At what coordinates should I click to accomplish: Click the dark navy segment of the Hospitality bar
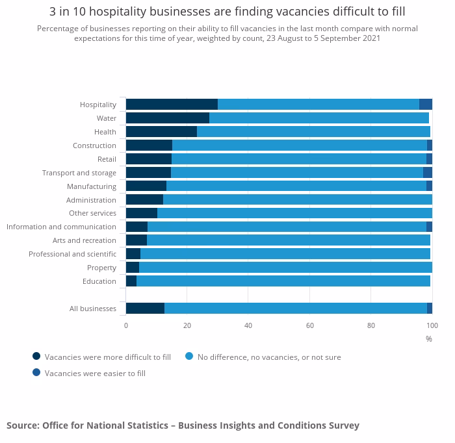[172, 105]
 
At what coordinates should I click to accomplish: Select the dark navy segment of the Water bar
[168, 118]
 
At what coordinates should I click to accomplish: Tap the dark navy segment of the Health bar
[161, 132]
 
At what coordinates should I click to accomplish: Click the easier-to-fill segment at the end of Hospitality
[426, 105]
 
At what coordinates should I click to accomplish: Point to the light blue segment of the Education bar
[283, 281]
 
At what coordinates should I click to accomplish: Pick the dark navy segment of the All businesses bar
[145, 309]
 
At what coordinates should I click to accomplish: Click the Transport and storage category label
[79, 173]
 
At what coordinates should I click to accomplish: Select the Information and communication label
[61, 227]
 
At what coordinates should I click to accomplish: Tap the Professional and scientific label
[72, 254]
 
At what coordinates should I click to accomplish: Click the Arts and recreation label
[84, 240]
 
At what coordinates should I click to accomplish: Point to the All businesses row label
[93, 309]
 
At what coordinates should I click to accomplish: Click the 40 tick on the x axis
[248, 325]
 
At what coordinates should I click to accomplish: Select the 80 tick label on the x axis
[371, 325]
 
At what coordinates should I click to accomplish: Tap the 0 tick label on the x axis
[126, 325]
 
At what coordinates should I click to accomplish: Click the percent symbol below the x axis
[429, 339]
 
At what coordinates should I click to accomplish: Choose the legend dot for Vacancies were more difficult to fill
[36, 356]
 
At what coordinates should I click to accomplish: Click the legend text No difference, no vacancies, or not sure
[269, 357]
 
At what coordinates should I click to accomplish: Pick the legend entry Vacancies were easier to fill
[95, 373]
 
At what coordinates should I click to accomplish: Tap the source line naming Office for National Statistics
[183, 425]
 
